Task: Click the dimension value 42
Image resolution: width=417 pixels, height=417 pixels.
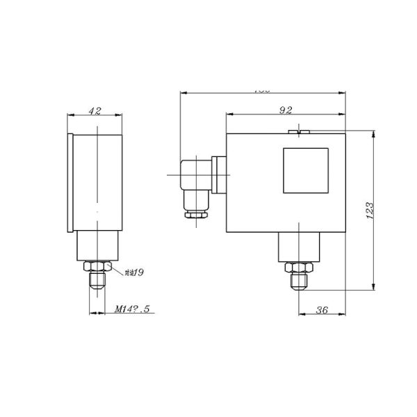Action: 97,110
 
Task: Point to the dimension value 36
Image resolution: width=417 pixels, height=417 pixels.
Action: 322,311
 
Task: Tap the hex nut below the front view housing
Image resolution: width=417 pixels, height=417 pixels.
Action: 299,267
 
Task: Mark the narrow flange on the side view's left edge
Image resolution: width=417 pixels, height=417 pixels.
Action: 70,182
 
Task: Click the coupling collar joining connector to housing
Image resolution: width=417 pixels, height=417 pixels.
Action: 220,175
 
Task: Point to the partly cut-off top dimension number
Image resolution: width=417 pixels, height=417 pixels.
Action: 262,90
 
